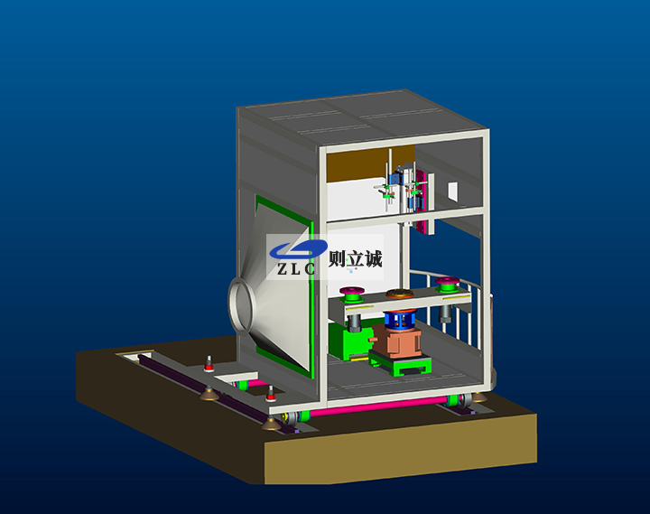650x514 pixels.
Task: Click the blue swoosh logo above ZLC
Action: pos(298,249)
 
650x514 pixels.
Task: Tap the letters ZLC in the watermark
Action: pos(296,269)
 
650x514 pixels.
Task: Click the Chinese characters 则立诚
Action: pos(356,259)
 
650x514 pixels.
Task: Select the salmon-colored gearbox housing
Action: pos(396,341)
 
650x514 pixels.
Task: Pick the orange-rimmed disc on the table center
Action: pos(400,294)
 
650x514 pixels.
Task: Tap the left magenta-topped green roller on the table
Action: pos(352,294)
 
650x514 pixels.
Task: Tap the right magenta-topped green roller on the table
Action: pos(447,284)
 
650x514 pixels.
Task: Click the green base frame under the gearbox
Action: pos(401,364)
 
